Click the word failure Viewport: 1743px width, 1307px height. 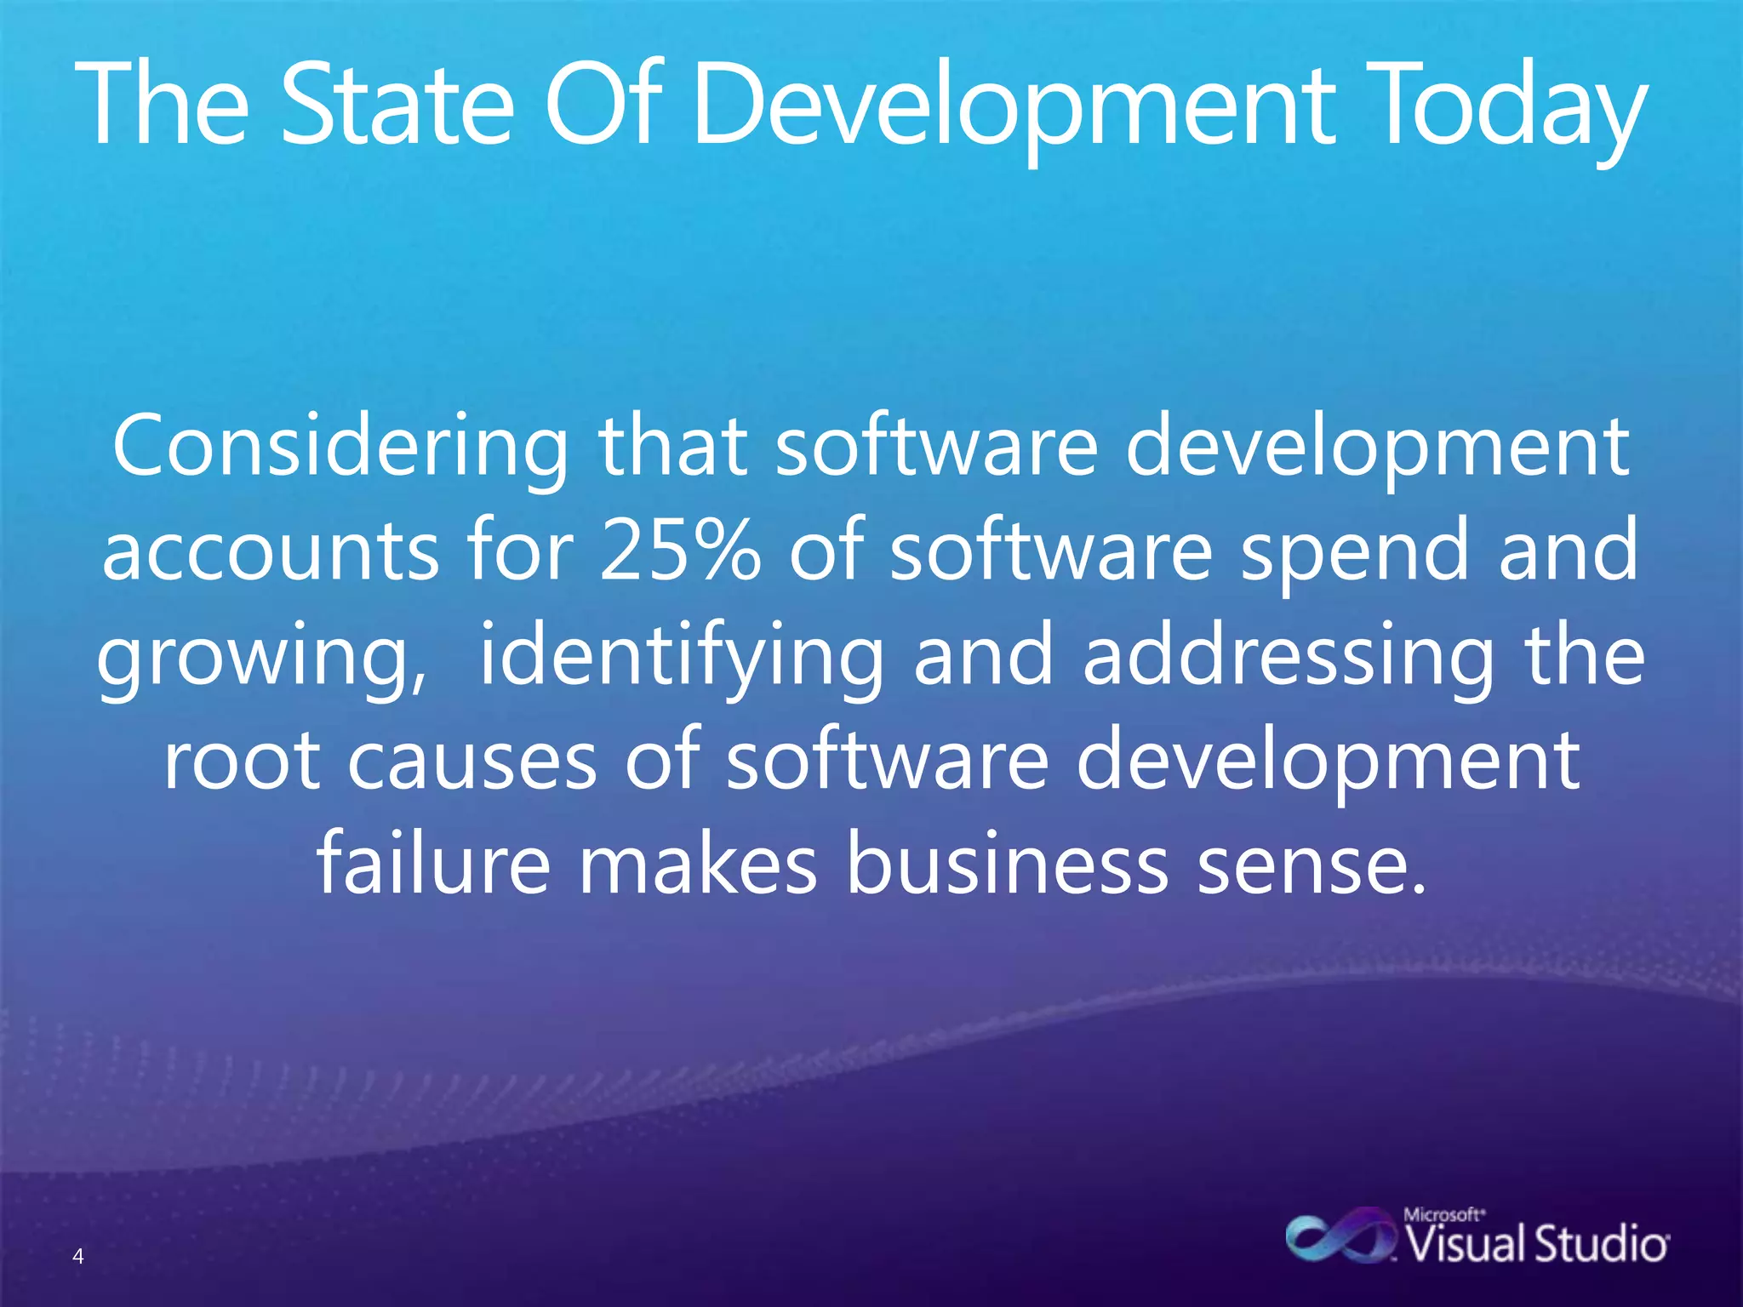pos(434,864)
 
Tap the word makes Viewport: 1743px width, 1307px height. pos(698,864)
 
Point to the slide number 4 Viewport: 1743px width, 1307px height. pos(78,1256)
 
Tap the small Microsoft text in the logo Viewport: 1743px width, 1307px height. pos(1443,1214)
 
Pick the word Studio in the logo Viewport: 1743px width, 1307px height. pos(1601,1244)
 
